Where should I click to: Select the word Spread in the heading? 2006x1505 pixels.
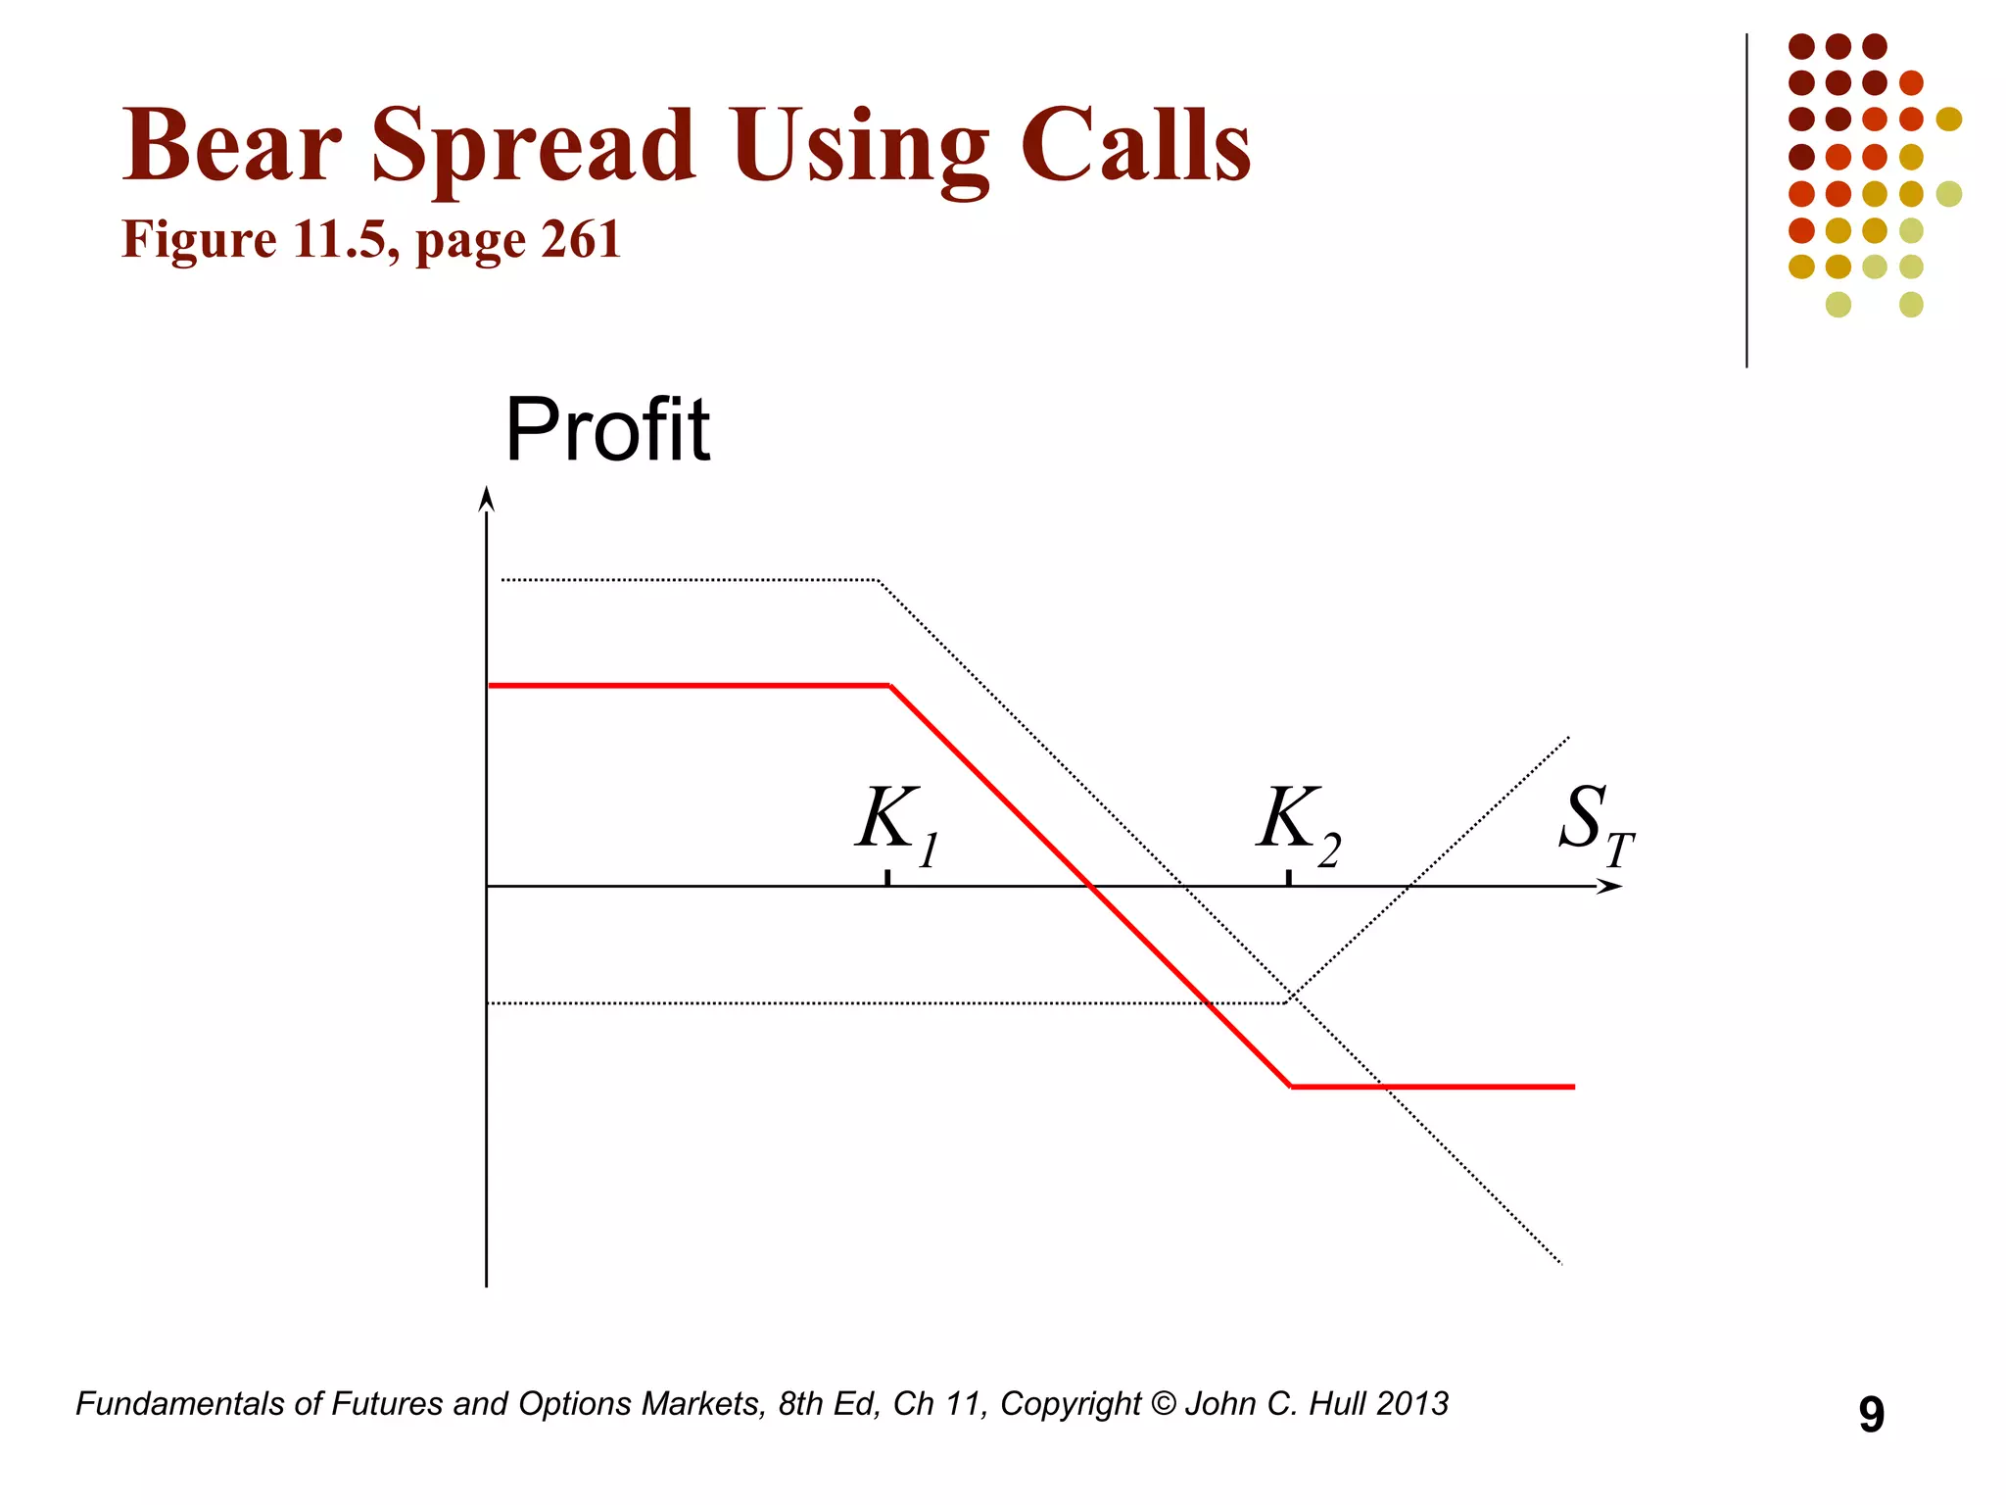point(534,147)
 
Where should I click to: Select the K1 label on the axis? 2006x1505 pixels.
point(896,823)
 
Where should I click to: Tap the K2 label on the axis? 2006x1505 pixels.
point(1298,823)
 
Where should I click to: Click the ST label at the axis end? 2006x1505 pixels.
point(1595,823)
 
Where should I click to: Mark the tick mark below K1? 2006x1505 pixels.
point(887,878)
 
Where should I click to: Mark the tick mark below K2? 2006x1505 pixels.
point(1289,878)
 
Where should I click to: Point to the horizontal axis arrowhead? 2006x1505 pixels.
point(1610,887)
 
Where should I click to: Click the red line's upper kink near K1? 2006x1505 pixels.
point(889,685)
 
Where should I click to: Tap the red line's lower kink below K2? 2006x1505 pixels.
point(1291,1087)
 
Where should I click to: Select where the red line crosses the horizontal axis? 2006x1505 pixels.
point(1090,887)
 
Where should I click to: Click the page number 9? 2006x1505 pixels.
point(1871,1415)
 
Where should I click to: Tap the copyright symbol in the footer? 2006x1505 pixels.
point(1163,1404)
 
